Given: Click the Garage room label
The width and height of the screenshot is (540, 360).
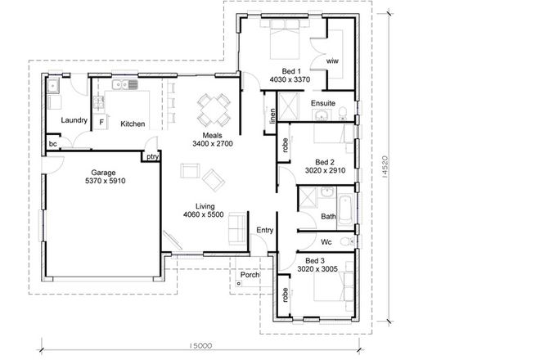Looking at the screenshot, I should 102,173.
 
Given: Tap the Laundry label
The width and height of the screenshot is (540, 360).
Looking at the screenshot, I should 74,121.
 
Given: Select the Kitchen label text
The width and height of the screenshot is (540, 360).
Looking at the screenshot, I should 133,124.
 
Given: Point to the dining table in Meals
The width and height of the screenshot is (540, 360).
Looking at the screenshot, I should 213,106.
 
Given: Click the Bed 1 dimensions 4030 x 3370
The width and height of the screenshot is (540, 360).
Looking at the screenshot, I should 290,79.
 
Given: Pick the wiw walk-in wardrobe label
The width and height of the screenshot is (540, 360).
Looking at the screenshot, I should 332,61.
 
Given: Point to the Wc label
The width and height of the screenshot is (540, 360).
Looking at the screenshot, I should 326,241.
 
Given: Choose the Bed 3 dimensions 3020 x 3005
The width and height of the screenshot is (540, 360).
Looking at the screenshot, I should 317,268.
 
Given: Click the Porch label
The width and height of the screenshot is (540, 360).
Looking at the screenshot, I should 250,275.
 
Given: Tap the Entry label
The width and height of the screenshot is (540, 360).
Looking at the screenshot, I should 264,231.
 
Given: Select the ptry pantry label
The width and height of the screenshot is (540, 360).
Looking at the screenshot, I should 151,155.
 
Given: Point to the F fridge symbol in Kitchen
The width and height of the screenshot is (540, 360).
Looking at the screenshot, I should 101,124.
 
